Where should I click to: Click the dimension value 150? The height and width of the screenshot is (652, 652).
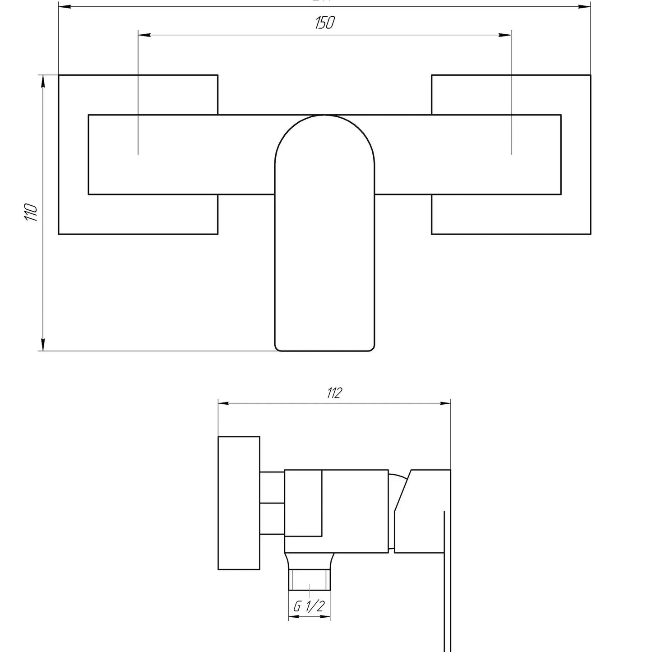[324, 23]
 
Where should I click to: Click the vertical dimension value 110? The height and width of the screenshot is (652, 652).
[30, 212]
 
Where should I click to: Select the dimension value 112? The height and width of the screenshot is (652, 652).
[334, 393]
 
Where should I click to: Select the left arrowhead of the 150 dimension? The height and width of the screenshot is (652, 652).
[143, 35]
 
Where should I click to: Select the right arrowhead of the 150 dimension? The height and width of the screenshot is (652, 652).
[505, 35]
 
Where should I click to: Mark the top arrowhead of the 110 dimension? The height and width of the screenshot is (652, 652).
[43, 81]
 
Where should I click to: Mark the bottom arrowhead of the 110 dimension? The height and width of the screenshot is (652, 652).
[43, 345]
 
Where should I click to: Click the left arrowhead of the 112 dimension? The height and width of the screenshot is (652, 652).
[223, 404]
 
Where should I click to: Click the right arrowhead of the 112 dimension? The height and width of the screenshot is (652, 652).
[445, 404]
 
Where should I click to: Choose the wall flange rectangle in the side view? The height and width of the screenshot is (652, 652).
[239, 503]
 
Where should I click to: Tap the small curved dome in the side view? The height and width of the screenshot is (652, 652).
[397, 479]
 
